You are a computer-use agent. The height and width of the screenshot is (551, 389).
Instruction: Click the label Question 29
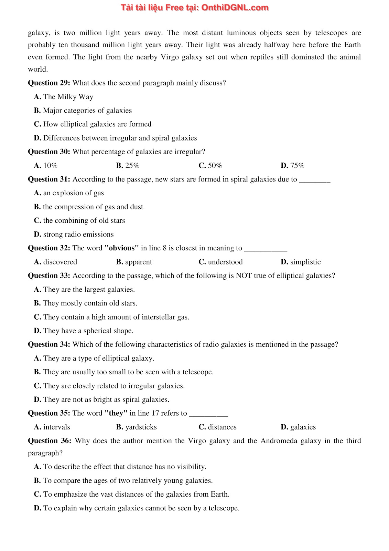[49, 83]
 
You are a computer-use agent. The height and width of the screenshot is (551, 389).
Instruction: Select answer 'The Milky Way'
[68, 97]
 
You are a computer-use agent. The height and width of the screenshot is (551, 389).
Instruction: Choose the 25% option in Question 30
[132, 166]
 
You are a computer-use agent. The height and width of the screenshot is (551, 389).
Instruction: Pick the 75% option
[297, 166]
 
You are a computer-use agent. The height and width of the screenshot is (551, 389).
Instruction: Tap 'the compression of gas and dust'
[93, 207]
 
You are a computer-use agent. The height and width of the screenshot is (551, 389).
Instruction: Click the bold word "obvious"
[121, 248]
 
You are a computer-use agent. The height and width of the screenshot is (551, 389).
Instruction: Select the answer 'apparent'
[138, 262]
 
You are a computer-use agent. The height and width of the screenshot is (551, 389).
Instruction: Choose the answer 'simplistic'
[305, 262]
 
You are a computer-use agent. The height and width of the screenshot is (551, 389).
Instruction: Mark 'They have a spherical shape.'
[88, 331]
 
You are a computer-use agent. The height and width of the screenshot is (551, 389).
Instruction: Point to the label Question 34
[49, 345]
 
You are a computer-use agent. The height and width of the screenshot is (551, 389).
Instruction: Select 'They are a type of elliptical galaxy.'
[98, 358]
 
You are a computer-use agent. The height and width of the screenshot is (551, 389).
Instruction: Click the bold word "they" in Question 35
[116, 413]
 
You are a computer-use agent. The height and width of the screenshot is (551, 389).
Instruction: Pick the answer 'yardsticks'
[141, 427]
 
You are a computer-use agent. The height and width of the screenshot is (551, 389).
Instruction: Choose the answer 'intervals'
[56, 427]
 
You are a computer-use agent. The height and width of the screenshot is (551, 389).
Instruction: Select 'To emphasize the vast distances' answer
[136, 495]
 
